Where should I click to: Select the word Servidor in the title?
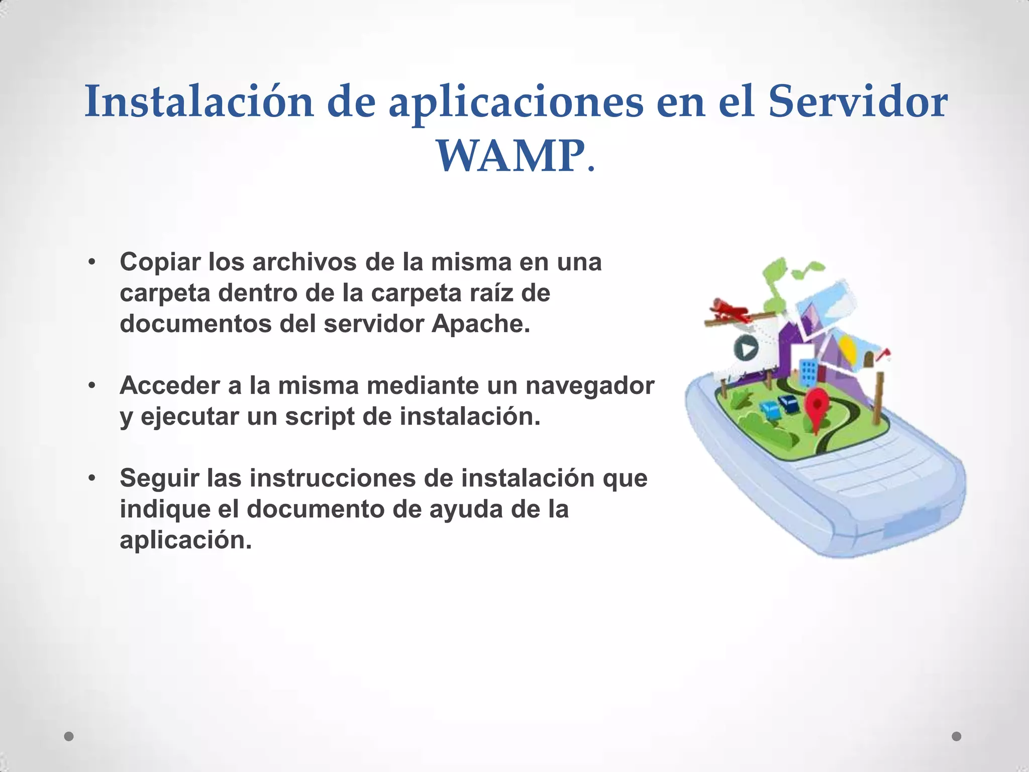858,102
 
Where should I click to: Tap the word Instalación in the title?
199,102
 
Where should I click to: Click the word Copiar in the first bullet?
160,262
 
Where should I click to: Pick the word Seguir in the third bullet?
159,478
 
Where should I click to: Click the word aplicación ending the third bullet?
185,540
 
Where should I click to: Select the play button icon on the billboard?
746,348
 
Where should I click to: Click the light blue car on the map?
770,409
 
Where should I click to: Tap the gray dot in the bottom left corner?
69,736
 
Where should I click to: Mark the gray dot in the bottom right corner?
957,736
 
